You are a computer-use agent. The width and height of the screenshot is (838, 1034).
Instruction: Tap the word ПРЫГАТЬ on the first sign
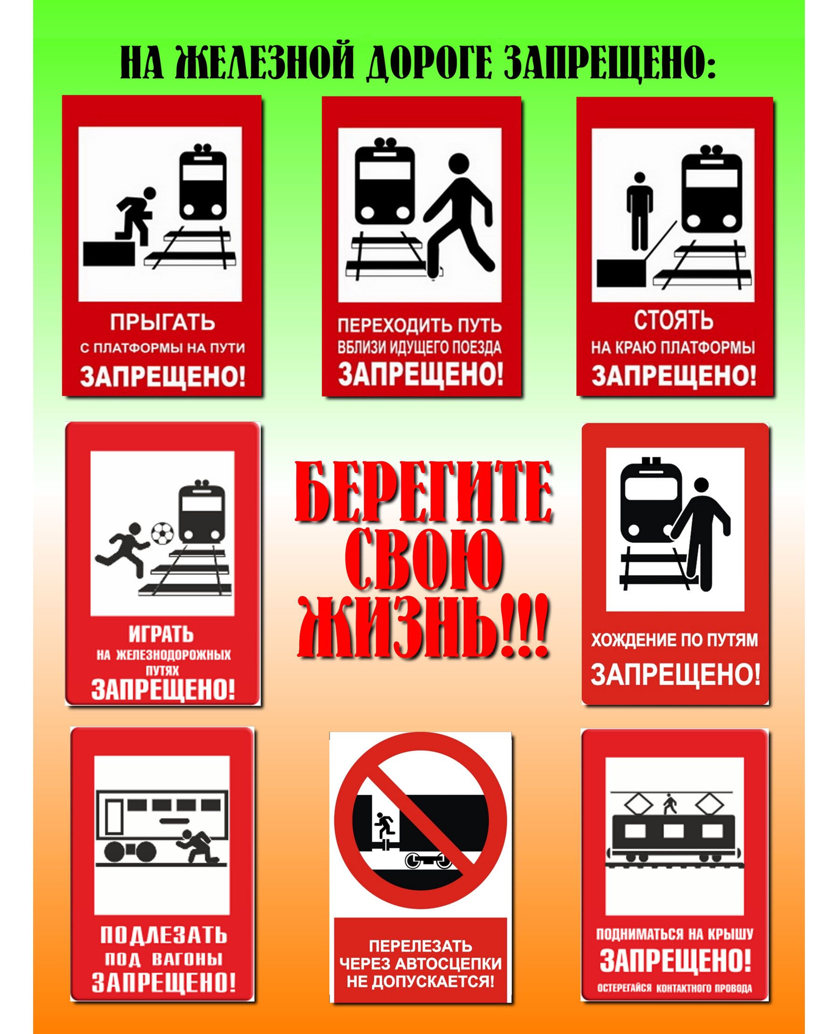[163, 322]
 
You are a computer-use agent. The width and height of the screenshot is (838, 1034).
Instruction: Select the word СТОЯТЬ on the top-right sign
[673, 321]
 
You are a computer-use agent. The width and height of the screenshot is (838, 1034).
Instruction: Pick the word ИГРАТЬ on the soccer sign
[161, 634]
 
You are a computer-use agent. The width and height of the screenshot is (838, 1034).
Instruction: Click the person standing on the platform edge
[640, 211]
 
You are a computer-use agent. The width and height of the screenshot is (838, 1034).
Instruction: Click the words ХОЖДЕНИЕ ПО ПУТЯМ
[675, 640]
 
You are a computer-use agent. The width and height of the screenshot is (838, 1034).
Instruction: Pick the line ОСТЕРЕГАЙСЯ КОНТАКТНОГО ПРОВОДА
[674, 984]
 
